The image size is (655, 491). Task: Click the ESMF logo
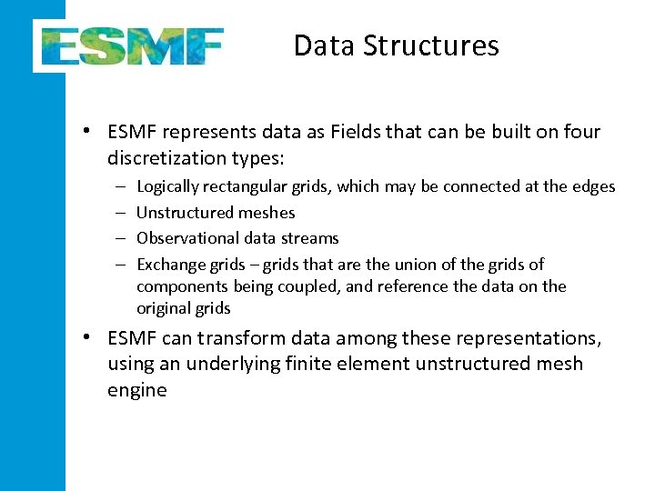pos(129,45)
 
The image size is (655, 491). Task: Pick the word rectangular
pos(248,187)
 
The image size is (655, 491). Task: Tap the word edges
pos(593,187)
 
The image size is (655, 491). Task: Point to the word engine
pos(136,391)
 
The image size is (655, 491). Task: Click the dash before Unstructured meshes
pos(121,213)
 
